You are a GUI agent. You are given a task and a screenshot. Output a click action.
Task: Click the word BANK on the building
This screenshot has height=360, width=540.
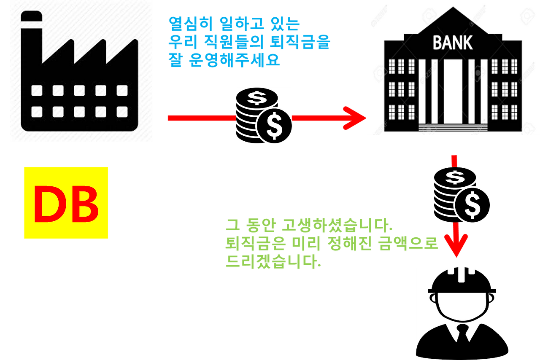[453, 43]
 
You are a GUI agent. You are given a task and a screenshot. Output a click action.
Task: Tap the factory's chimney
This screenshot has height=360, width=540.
[31, 38]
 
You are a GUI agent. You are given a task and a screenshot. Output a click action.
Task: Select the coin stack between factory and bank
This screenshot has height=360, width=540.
[263, 115]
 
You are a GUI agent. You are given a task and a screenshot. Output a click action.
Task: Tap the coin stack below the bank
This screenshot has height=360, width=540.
[462, 194]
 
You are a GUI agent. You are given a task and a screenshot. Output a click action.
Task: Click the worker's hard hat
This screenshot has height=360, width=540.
[462, 280]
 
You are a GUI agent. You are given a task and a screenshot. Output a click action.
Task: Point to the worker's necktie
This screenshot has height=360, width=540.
[463, 334]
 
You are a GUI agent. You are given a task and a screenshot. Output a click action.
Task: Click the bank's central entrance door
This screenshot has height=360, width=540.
[453, 93]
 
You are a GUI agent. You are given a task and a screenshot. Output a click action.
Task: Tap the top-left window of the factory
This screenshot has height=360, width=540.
[37, 90]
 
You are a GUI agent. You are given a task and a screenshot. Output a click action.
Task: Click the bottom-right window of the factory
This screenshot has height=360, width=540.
[122, 112]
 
